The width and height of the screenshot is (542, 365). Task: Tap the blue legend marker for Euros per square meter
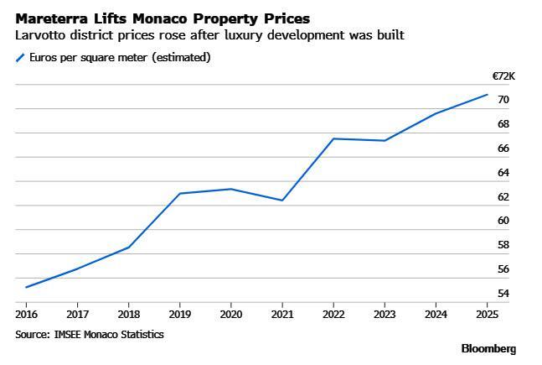pyautogui.click(x=20, y=58)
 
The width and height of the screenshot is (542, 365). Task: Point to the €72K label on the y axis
pyautogui.click(x=503, y=76)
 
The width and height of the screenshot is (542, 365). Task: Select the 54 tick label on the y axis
pyautogui.click(x=503, y=294)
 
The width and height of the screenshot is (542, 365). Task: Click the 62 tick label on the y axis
pyautogui.click(x=503, y=197)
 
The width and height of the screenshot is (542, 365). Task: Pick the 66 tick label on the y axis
pyautogui.click(x=503, y=149)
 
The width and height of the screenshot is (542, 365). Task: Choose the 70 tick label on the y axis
pyautogui.click(x=503, y=100)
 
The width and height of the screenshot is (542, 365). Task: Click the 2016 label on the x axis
pyautogui.click(x=26, y=314)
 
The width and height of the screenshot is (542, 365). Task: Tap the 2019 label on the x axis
pyautogui.click(x=179, y=314)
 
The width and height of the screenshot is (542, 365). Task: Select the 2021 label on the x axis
pyautogui.click(x=282, y=314)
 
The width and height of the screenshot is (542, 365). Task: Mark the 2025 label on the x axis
pyautogui.click(x=488, y=314)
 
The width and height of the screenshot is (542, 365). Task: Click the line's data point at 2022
pyautogui.click(x=333, y=138)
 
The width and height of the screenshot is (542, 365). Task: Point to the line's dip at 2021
pyautogui.click(x=282, y=201)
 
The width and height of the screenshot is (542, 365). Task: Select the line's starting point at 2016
pyautogui.click(x=26, y=287)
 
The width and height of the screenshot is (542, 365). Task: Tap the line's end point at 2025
pyautogui.click(x=488, y=94)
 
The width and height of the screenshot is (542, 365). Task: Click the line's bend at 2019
pyautogui.click(x=179, y=194)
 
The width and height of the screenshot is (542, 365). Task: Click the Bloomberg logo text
pyautogui.click(x=488, y=348)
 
